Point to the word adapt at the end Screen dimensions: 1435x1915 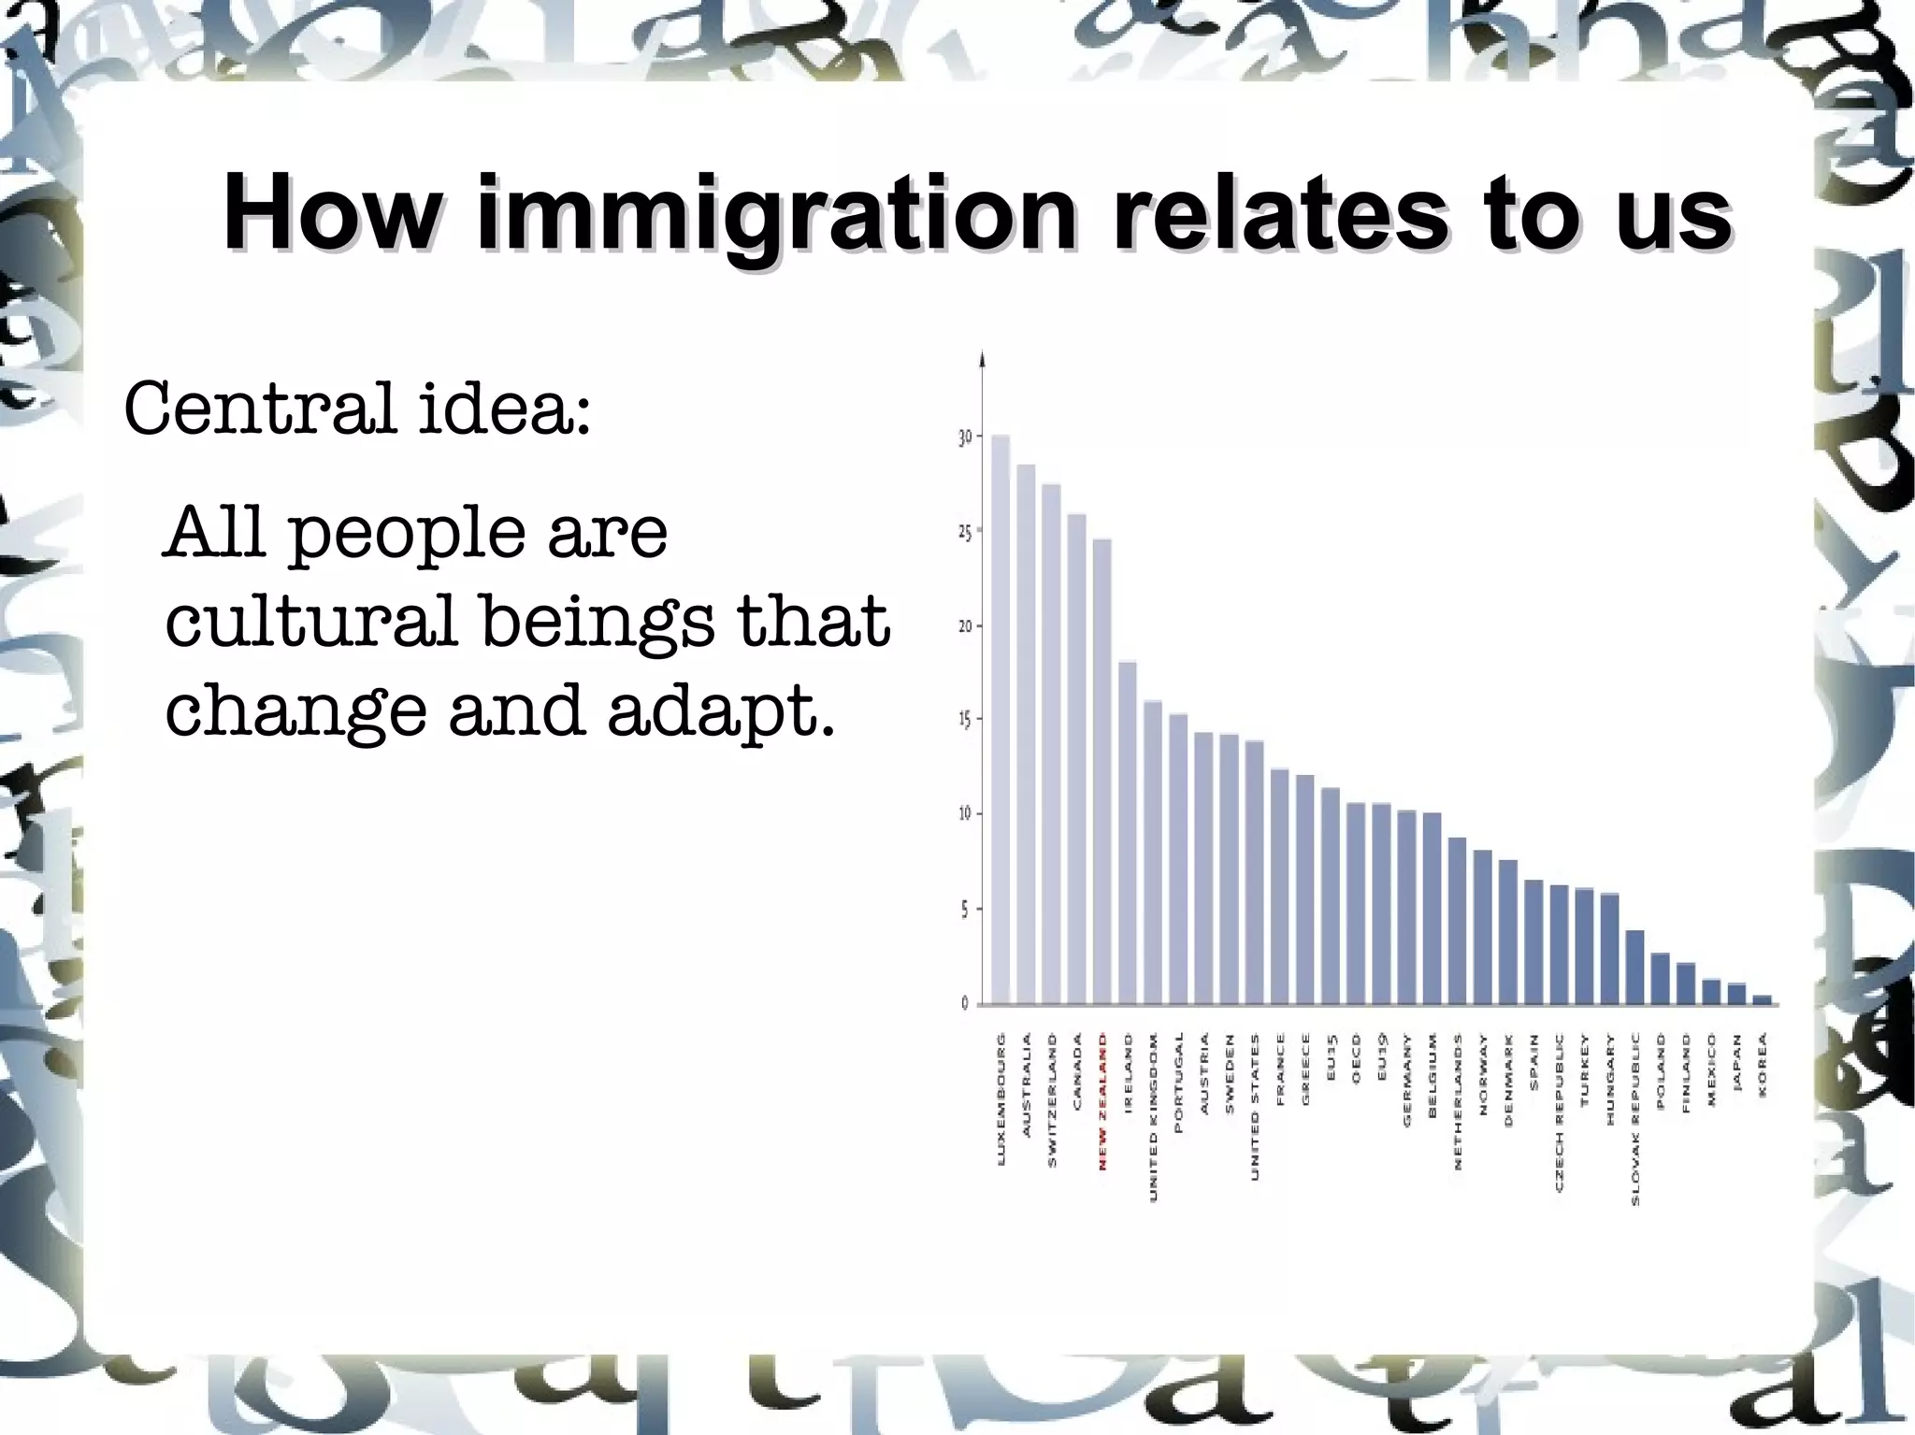(x=721, y=711)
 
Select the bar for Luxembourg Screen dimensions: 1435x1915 (x=1000, y=720)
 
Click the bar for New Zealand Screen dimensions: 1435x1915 (x=1101, y=771)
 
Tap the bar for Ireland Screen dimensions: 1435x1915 (x=1128, y=832)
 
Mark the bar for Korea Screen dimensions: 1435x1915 (x=1762, y=999)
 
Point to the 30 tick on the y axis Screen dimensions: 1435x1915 (x=966, y=438)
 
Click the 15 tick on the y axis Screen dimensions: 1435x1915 (x=966, y=720)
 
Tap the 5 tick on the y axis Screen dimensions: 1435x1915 (x=966, y=910)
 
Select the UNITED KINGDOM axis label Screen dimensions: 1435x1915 (x=1153, y=1116)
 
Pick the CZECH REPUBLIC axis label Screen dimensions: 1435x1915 (x=1559, y=1112)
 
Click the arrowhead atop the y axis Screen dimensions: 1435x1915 (x=982, y=359)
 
